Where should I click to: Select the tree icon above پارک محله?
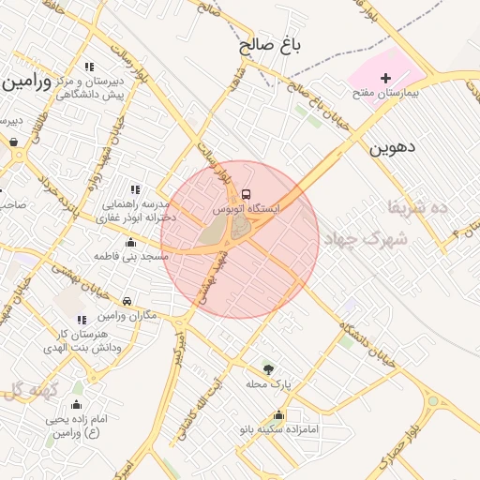[x=270, y=368]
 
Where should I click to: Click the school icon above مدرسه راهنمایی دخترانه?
[x=136, y=189]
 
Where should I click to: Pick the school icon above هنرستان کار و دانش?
[x=82, y=321]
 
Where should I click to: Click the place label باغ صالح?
[x=269, y=45]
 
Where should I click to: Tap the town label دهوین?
[x=392, y=147]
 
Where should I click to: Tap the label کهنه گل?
[x=35, y=389]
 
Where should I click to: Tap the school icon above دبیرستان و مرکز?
[x=90, y=67]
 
